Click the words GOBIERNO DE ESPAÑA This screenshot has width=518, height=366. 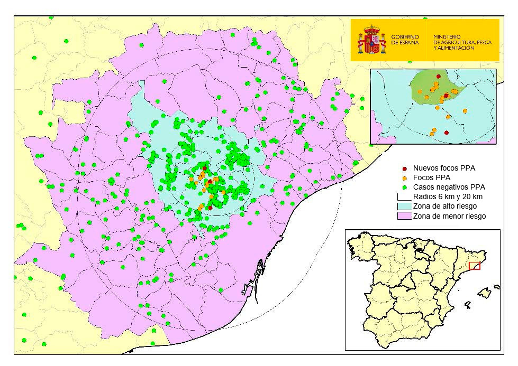(404, 40)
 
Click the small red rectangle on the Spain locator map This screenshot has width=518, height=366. (475, 266)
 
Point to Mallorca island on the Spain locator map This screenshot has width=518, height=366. (484, 292)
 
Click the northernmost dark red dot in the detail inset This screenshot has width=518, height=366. (438, 77)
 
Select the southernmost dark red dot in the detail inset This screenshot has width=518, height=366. (447, 133)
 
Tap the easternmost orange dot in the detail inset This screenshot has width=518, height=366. (465, 111)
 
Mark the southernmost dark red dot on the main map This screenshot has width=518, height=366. (210, 208)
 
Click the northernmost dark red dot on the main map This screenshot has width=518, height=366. (205, 168)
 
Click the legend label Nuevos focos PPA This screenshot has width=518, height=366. (444, 168)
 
